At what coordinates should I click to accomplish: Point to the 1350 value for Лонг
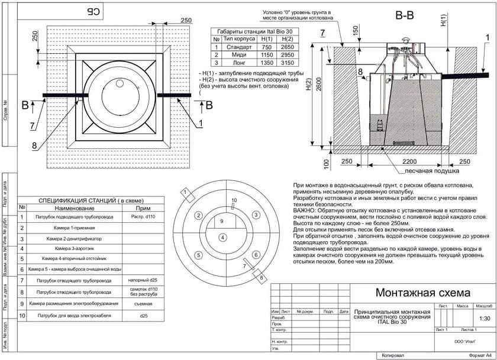(x=267, y=62)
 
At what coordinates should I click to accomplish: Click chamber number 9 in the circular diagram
(x=221, y=220)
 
